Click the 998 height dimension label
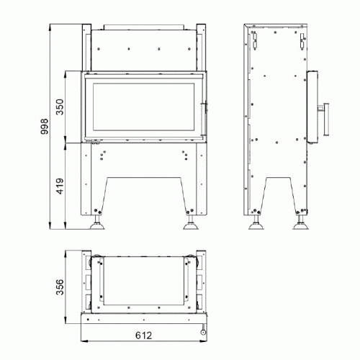[45, 126]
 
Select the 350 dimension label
[60, 107]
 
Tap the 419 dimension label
[60, 186]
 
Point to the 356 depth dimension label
[60, 287]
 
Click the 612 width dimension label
[144, 336]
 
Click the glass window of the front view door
[143, 107]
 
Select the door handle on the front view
[204, 119]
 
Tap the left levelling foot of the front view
[97, 222]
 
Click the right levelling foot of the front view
[191, 222]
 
